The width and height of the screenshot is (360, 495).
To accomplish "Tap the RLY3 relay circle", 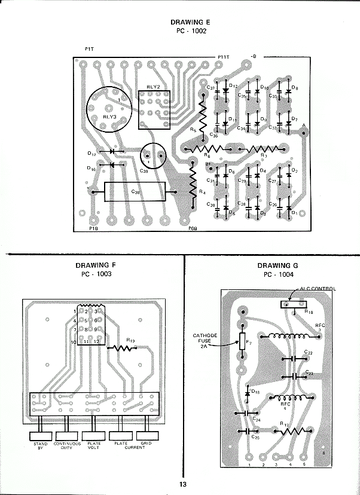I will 109,108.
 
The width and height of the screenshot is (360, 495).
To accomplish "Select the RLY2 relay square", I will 154,109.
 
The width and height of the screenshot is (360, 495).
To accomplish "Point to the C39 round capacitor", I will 152,157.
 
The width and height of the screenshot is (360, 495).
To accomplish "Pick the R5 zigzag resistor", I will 202,115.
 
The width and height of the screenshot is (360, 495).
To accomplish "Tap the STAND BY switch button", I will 40,436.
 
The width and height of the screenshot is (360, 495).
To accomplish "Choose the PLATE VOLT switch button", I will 94,436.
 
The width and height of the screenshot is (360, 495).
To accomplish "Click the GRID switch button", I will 146,436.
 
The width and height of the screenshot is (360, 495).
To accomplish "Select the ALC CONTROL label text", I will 318,289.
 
